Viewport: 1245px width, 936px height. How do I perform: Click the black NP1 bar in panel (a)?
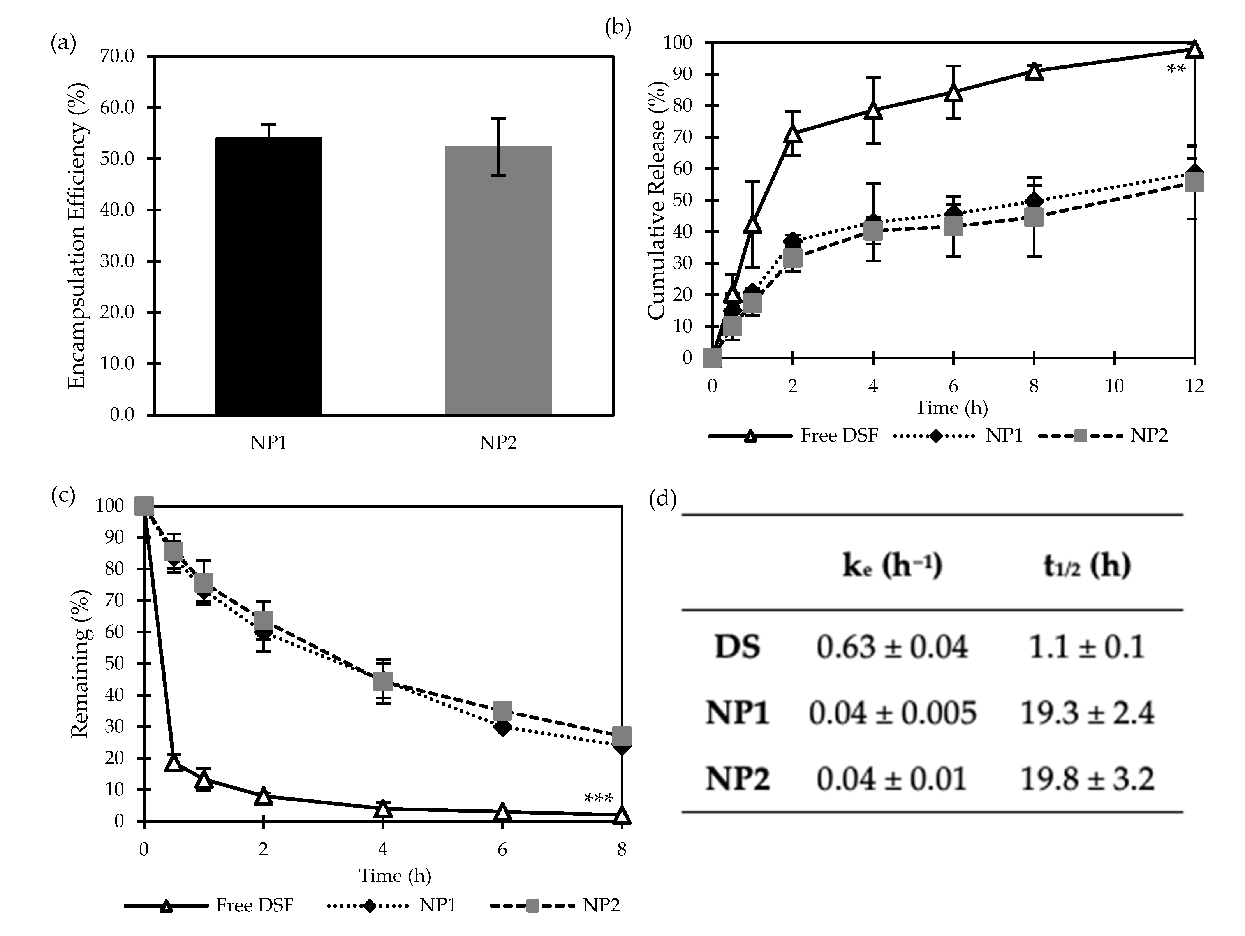click(x=268, y=276)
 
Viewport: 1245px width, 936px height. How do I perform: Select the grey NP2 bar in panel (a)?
click(x=498, y=280)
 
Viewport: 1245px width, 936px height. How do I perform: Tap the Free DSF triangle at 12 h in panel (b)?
click(x=1194, y=49)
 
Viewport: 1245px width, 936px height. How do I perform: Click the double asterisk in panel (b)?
click(x=1176, y=70)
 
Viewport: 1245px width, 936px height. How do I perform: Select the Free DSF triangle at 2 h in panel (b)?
click(x=792, y=134)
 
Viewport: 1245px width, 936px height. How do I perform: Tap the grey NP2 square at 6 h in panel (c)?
click(x=502, y=711)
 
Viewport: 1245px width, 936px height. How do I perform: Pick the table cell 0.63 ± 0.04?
click(x=891, y=647)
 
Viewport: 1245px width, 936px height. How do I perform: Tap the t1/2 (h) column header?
click(x=1086, y=566)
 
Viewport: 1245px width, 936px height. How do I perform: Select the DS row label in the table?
click(x=737, y=647)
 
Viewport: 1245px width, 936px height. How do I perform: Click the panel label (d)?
click(x=662, y=498)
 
